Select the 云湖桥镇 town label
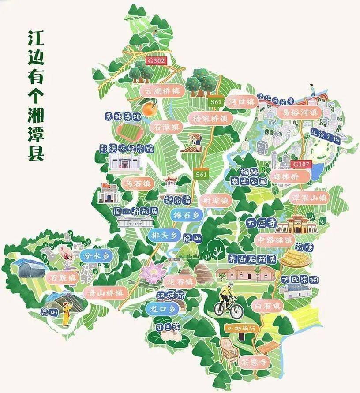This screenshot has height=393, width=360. coord(162,91)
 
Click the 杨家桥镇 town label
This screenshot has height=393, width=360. coord(210,118)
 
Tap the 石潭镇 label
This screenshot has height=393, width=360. coord(166,127)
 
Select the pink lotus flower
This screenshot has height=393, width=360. coord(153,273)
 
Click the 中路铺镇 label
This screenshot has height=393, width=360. coord(274,240)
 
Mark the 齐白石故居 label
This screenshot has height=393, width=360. coord(252,259)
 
